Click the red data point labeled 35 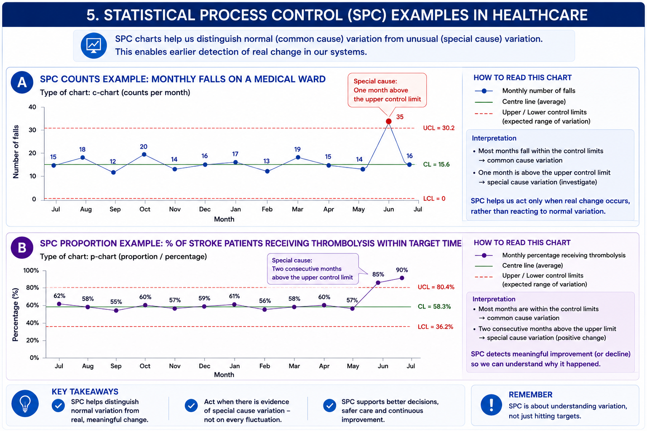coord(388,121)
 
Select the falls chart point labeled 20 coord(144,154)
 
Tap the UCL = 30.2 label coord(439,128)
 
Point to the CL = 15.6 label coord(436,164)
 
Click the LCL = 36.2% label coord(435,327)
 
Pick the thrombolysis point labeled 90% coord(402,278)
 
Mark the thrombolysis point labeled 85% coord(378,282)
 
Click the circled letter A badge coord(22,82)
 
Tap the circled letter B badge coord(22,247)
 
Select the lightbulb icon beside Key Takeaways coord(25,403)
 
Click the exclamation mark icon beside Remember coord(491,405)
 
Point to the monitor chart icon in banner coord(94,45)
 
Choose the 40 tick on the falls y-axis coord(32,107)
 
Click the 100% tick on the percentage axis coord(31,271)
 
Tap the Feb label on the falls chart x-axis coord(267,209)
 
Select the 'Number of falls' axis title coord(16,152)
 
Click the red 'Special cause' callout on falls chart coord(387,90)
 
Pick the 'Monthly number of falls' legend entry coord(525,91)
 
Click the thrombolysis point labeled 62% coord(59,304)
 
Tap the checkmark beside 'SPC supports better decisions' coord(329,406)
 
